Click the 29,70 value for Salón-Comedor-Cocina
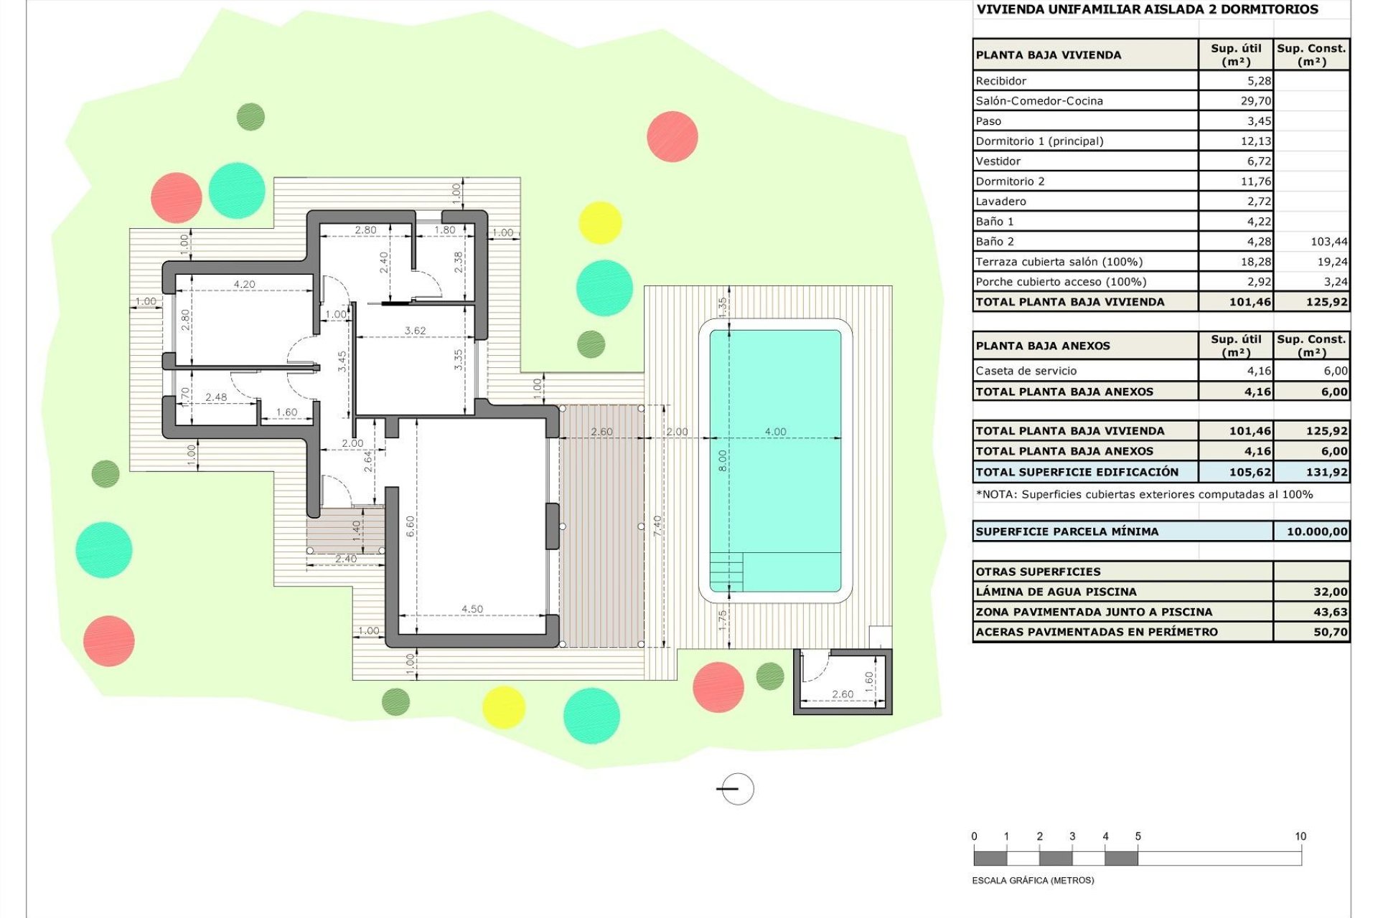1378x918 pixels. click(1255, 101)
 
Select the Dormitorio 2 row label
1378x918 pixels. click(1010, 181)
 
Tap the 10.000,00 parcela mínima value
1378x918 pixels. click(1316, 531)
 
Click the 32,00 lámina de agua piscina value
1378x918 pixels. click(1330, 592)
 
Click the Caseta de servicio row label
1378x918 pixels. click(1026, 371)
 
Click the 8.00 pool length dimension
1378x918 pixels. click(723, 460)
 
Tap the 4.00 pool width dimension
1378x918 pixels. click(775, 432)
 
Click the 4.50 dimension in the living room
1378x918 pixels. click(472, 609)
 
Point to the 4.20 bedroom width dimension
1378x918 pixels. click(244, 284)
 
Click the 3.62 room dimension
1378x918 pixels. click(415, 331)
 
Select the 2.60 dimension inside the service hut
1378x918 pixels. click(843, 694)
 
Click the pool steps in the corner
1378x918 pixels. click(726, 572)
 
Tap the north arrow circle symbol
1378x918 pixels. click(737, 789)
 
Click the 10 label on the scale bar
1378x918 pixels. click(1300, 836)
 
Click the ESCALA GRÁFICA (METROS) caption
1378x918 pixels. click(1033, 880)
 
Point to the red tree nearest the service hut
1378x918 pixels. click(718, 686)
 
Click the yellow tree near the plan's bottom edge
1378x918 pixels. click(503, 706)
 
